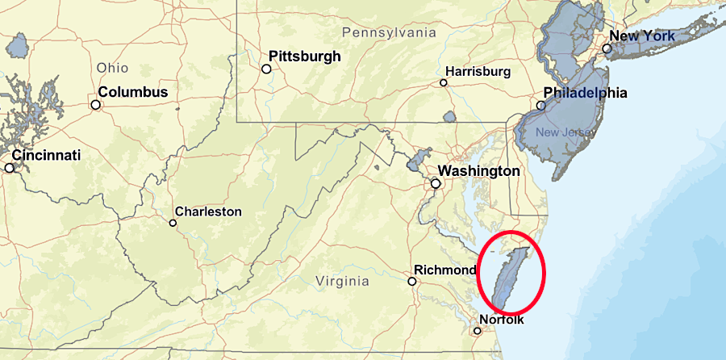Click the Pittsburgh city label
tap(304, 57)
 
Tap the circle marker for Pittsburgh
tap(266, 69)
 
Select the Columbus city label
tap(134, 92)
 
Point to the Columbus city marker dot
tap(95, 104)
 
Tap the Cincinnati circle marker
tap(10, 168)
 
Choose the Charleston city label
tap(208, 211)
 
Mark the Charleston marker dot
tap(173, 223)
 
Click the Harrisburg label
tap(478, 72)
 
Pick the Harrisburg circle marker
tap(443, 82)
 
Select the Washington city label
tap(478, 171)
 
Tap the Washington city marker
tap(436, 184)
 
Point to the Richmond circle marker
tap(412, 282)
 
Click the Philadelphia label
tap(585, 93)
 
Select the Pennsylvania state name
tap(389, 33)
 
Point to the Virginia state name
tap(342, 282)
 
